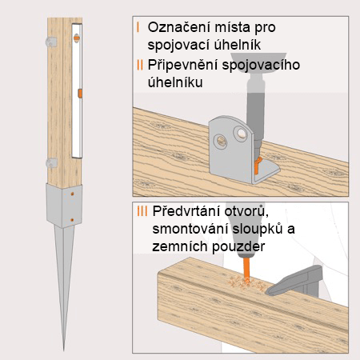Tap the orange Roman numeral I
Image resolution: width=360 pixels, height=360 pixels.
[138, 27]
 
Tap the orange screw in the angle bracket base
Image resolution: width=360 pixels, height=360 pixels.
[257, 166]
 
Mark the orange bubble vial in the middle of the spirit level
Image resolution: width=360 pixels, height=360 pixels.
[78, 94]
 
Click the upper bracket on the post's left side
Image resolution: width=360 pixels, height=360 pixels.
[43, 38]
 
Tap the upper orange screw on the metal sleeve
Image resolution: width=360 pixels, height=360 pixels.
[74, 194]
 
